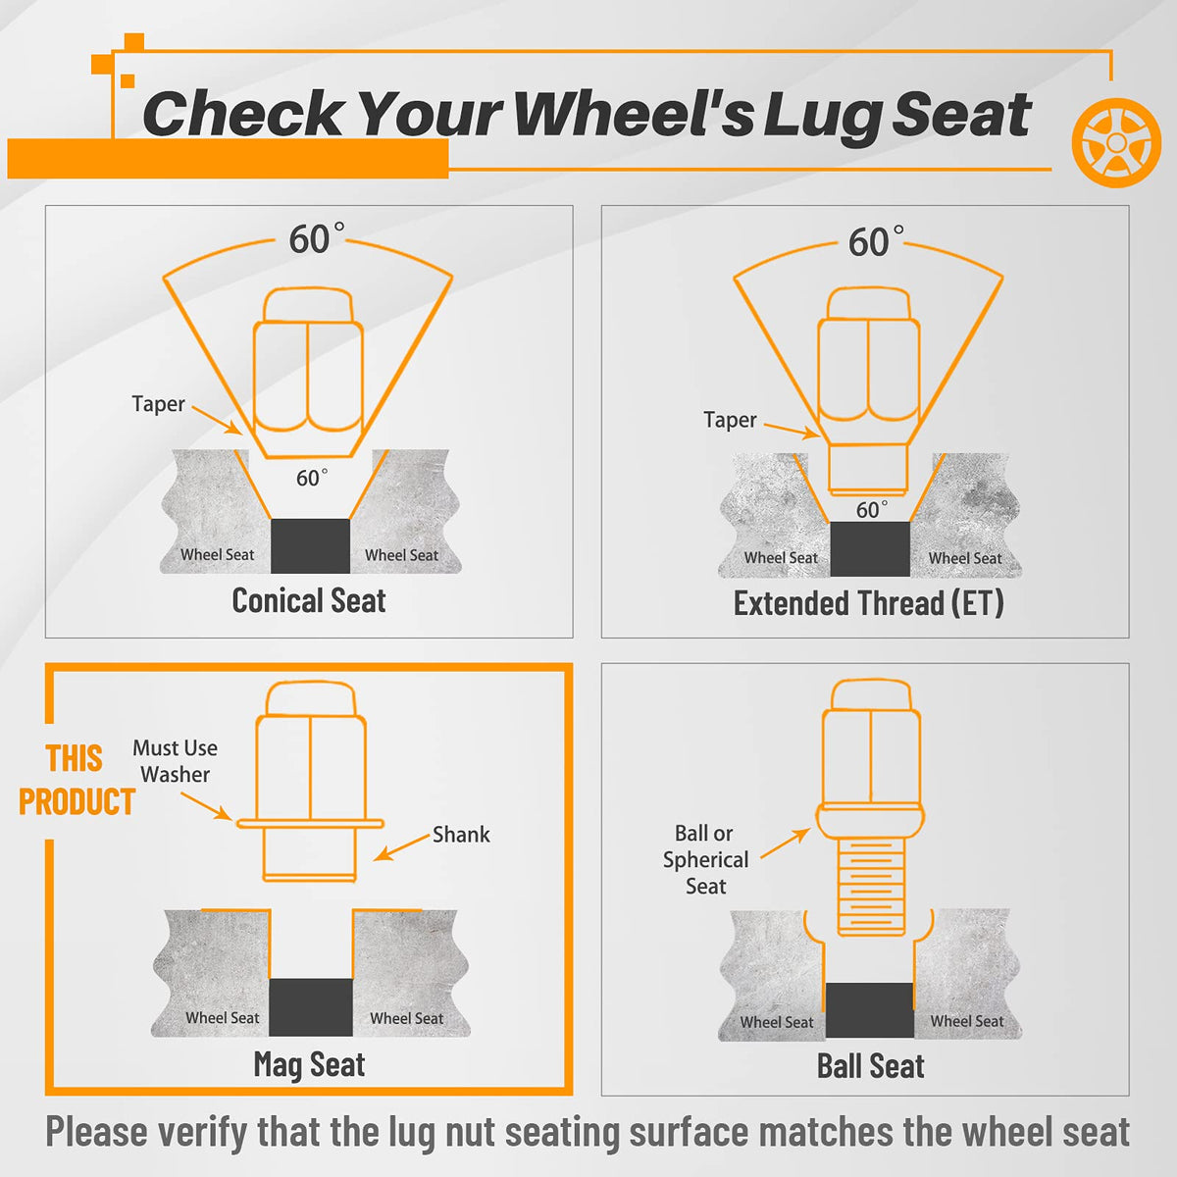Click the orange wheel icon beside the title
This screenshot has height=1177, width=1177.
pyautogui.click(x=1116, y=142)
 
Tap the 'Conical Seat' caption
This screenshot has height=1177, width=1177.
pyautogui.click(x=308, y=601)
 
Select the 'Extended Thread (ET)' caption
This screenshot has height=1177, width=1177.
pyautogui.click(x=869, y=603)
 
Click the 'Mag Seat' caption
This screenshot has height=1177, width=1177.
pyautogui.click(x=309, y=1064)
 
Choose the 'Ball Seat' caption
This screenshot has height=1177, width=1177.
pyautogui.click(x=870, y=1066)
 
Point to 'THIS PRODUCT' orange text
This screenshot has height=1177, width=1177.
pyautogui.click(x=77, y=780)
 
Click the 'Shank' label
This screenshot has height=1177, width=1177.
pyautogui.click(x=461, y=835)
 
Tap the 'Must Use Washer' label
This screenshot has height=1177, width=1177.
pyautogui.click(x=176, y=761)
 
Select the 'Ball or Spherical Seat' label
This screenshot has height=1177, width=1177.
pyautogui.click(x=705, y=859)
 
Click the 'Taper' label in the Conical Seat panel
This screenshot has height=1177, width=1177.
pyautogui.click(x=158, y=404)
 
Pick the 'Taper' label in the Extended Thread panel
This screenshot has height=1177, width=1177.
pyautogui.click(x=730, y=420)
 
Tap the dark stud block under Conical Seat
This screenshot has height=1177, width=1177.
pyautogui.click(x=310, y=546)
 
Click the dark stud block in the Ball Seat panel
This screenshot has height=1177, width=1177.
pyautogui.click(x=869, y=1009)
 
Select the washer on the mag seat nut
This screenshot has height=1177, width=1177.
pyautogui.click(x=310, y=823)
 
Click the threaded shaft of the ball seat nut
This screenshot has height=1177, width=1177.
pyautogui.click(x=871, y=887)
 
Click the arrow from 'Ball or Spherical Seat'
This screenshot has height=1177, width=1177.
pyautogui.click(x=786, y=844)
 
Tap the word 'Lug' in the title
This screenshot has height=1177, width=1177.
pyautogui.click(x=822, y=116)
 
